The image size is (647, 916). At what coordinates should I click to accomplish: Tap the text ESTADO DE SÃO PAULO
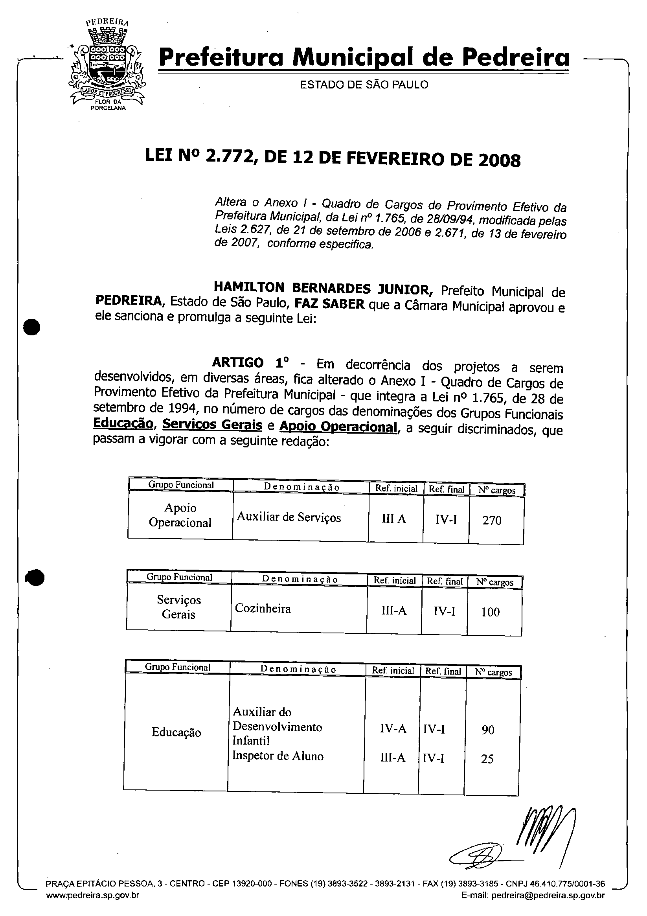coord(364,85)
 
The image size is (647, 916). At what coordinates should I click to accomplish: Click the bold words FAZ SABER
coord(329,304)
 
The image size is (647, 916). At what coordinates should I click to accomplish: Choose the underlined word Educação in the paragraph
coord(123,423)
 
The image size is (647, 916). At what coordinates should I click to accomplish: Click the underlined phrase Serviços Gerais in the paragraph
coord(212,425)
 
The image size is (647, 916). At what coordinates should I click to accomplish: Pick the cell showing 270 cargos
coord(491,520)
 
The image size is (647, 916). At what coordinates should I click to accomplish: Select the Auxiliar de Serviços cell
coord(289,517)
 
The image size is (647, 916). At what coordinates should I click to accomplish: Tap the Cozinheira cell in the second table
coord(263,609)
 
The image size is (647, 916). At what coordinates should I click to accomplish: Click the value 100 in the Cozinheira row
coord(490,612)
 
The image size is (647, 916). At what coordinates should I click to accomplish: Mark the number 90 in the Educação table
coord(488,730)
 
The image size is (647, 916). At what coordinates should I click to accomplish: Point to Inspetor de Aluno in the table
coord(278,756)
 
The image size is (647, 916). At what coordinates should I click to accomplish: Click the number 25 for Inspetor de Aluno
coord(487,758)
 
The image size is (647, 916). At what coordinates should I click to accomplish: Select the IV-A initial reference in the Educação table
coord(393,728)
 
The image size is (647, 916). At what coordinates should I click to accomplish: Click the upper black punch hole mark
coord(32,327)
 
